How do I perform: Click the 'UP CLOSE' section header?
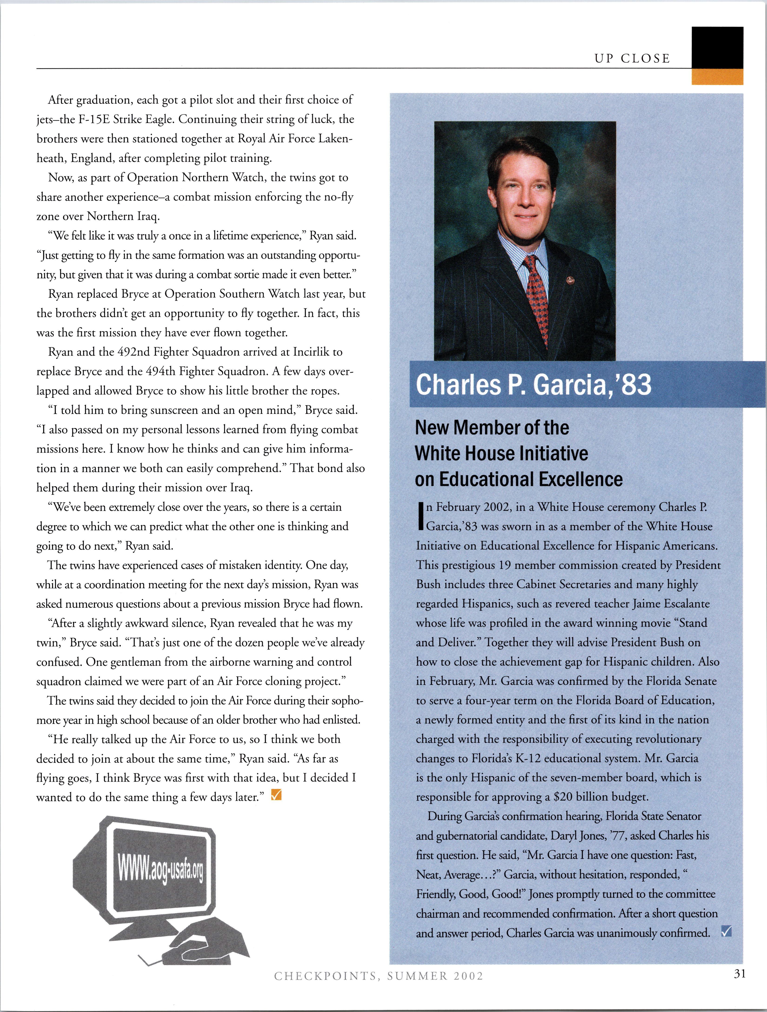coord(632,59)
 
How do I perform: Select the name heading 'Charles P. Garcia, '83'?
coord(533,384)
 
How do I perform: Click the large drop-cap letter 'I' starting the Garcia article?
coord(420,517)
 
